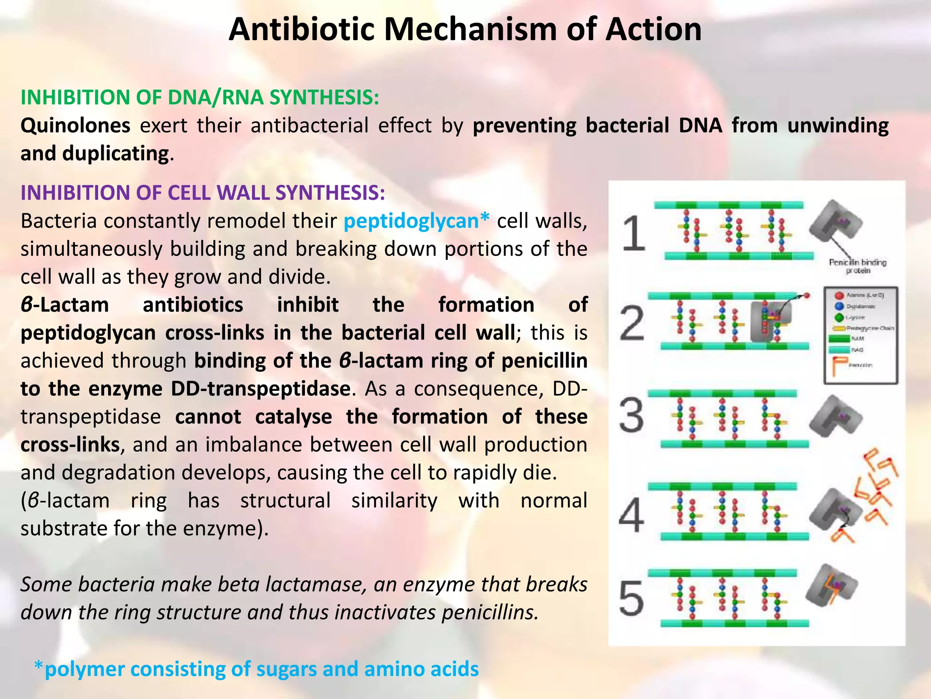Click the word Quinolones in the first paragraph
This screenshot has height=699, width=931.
[75, 126]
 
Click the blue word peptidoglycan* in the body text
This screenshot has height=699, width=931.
[416, 221]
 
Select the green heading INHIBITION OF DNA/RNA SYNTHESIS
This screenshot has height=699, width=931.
[200, 97]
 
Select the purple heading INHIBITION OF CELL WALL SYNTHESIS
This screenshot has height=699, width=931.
[203, 193]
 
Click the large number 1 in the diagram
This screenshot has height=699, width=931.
[633, 233]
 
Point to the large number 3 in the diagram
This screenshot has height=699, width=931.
[631, 415]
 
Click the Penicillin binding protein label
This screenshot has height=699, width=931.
[857, 266]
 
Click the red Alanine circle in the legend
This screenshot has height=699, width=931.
[839, 295]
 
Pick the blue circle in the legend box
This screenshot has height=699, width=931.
[839, 306]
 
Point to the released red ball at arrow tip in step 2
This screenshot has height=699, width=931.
[807, 296]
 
